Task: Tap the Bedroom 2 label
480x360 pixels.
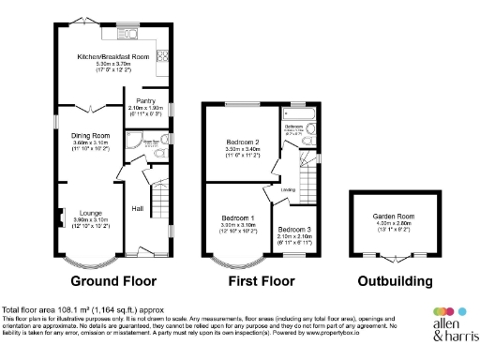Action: [x=243, y=142]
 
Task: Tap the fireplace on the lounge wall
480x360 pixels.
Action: [x=61, y=216]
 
